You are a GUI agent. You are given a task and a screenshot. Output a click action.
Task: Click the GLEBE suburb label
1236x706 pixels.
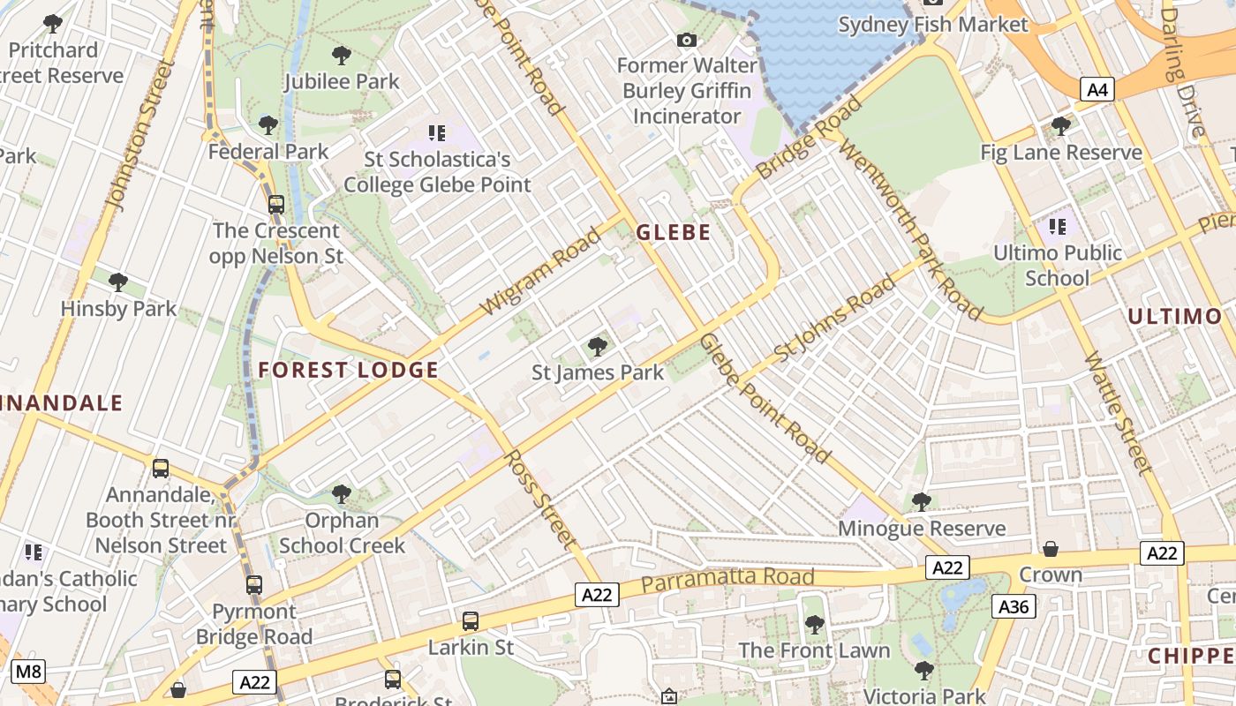pos(673,232)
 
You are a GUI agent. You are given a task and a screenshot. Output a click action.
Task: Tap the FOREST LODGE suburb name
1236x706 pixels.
pos(348,370)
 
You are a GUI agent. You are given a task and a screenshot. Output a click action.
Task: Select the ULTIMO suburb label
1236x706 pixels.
pos(1174,317)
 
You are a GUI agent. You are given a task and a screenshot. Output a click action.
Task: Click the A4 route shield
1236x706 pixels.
pos(1097,89)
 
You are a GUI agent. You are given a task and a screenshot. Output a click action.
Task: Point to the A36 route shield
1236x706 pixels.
pos(1014,606)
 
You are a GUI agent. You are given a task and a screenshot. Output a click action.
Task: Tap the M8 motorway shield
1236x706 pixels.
pos(28,672)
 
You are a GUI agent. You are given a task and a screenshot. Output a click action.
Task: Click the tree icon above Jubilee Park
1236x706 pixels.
pos(342,56)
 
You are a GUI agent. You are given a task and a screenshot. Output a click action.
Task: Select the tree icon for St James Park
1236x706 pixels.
pos(598,346)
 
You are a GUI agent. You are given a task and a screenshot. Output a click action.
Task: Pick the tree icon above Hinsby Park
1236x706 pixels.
pos(118,282)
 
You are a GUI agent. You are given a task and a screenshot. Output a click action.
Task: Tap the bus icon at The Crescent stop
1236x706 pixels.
pos(276,205)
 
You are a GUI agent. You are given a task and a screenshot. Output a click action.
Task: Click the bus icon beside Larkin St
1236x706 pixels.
pos(471,621)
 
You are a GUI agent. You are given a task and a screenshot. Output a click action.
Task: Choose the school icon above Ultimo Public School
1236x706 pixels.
pos(1058,227)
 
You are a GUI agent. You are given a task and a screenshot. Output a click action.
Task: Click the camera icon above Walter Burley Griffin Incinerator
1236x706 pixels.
pos(686,40)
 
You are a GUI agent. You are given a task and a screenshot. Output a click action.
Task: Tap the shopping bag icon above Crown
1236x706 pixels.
pos(1050,549)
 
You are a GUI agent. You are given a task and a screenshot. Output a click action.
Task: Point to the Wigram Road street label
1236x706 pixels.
pos(540,271)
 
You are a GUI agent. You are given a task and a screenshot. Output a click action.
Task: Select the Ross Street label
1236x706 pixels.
pos(539,499)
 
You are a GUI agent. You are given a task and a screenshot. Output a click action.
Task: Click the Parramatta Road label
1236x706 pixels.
pos(727,579)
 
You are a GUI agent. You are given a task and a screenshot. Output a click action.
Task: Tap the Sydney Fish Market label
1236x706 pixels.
pos(933,24)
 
